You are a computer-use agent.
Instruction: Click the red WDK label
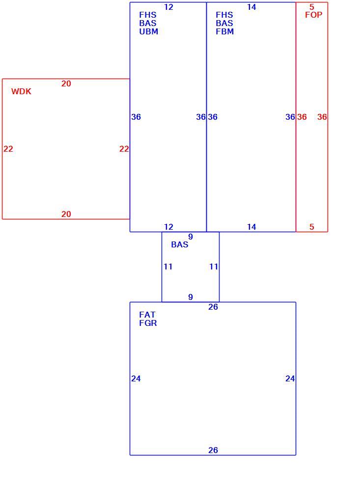coord(21,91)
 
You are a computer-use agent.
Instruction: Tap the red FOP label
coord(314,15)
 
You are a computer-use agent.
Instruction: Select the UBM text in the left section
coord(148,31)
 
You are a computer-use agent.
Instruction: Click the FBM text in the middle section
coord(224,31)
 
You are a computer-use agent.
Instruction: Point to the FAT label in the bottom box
coord(147,315)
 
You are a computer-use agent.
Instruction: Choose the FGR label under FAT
coord(148,323)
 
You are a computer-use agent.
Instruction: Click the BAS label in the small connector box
coord(180,244)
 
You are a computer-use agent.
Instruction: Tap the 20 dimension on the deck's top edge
coord(66,84)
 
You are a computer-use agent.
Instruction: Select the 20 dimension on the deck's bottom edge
coord(66,214)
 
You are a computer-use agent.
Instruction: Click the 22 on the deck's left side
coord(8,149)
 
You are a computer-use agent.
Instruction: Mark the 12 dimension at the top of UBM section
coord(168,7)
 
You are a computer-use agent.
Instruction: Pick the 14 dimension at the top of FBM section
coord(251,7)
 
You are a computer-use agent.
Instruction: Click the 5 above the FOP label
coord(312,7)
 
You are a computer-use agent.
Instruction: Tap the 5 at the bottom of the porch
coord(312,227)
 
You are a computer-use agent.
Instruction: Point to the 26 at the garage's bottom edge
coord(213,451)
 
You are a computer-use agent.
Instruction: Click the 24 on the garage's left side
coord(136,379)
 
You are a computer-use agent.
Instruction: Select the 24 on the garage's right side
coord(290,379)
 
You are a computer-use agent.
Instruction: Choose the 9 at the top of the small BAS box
coord(191,237)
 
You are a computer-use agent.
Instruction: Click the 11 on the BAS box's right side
coord(214,267)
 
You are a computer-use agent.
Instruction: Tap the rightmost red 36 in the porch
coord(322,117)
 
